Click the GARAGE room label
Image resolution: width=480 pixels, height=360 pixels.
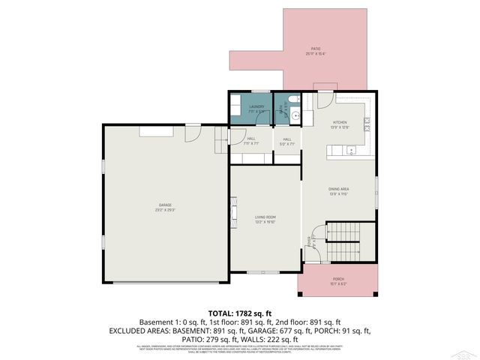click(x=165, y=204)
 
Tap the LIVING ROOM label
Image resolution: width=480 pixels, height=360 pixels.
click(x=265, y=217)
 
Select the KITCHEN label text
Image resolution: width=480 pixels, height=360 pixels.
click(x=340, y=121)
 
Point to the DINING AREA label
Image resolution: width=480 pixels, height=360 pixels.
click(x=340, y=188)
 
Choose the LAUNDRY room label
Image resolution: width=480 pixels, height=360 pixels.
click(x=256, y=106)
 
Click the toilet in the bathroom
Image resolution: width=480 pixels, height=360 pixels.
click(x=295, y=100)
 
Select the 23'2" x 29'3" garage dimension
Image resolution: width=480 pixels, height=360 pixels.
click(x=165, y=209)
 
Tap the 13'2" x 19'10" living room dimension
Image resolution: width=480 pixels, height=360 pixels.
click(x=265, y=222)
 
